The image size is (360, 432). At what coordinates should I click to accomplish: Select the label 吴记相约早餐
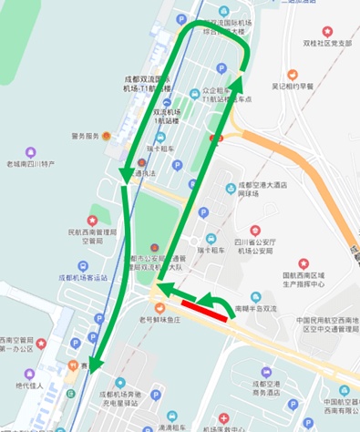coord(300,87)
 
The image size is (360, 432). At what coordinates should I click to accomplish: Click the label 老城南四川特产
coord(30,165)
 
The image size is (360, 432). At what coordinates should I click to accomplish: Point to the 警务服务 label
coord(84,137)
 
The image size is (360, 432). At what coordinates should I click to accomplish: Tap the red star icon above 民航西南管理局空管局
coord(91,221)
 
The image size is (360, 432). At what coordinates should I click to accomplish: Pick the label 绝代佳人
coord(30,386)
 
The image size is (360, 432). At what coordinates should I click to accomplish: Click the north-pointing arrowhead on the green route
coord(238,85)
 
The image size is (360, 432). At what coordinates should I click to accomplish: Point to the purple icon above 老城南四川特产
coord(30,151)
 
